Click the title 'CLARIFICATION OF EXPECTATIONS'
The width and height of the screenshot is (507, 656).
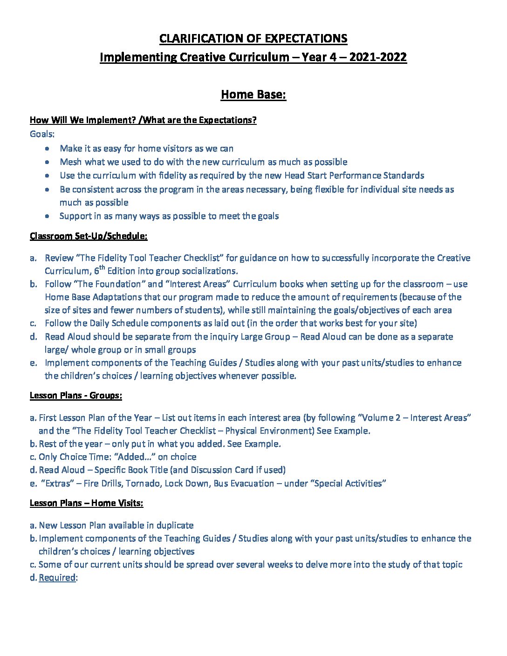pyautogui.click(x=253, y=38)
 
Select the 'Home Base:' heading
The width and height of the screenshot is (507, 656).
pyautogui.click(x=253, y=95)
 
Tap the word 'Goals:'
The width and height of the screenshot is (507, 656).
pyautogui.click(x=42, y=134)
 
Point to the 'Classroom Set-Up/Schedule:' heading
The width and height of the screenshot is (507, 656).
pyautogui.click(x=89, y=236)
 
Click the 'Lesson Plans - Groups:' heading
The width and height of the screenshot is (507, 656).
pyautogui.click(x=76, y=396)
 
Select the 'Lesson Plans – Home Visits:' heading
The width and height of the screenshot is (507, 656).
pyautogui.click(x=86, y=503)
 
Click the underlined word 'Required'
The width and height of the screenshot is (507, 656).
pyautogui.click(x=57, y=578)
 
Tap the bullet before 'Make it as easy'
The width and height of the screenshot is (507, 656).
pyautogui.click(x=48, y=149)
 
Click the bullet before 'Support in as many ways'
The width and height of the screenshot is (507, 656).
pyautogui.click(x=48, y=216)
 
